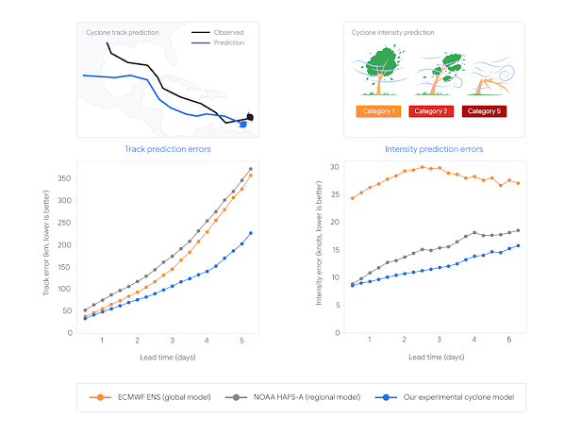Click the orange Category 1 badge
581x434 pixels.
pos(374,111)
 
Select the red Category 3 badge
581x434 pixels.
pos(433,111)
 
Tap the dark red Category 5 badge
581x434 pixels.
pos(485,111)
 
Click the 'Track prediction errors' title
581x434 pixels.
pos(167,149)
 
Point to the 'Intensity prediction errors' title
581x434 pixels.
pos(434,149)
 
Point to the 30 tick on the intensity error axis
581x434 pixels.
pos(335,167)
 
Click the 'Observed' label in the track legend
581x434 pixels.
pos(228,32)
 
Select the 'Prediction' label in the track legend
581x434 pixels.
pos(229,42)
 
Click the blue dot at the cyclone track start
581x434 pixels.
pos(243,124)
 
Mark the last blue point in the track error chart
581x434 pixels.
pos(250,233)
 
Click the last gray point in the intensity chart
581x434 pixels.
pos(518,230)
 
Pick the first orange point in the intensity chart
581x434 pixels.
pos(352,198)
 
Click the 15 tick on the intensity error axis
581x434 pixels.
pos(335,249)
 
